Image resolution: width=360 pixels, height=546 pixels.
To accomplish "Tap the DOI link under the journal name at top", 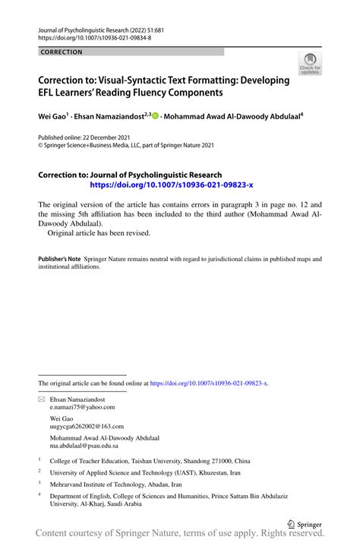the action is pos(94,37).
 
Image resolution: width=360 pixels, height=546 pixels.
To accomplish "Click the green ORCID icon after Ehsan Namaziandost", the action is pos(156,117).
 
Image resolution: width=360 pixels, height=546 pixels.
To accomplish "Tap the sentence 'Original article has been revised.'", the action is pos(99,233).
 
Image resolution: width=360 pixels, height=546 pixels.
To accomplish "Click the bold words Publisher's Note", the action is pos(59,259).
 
